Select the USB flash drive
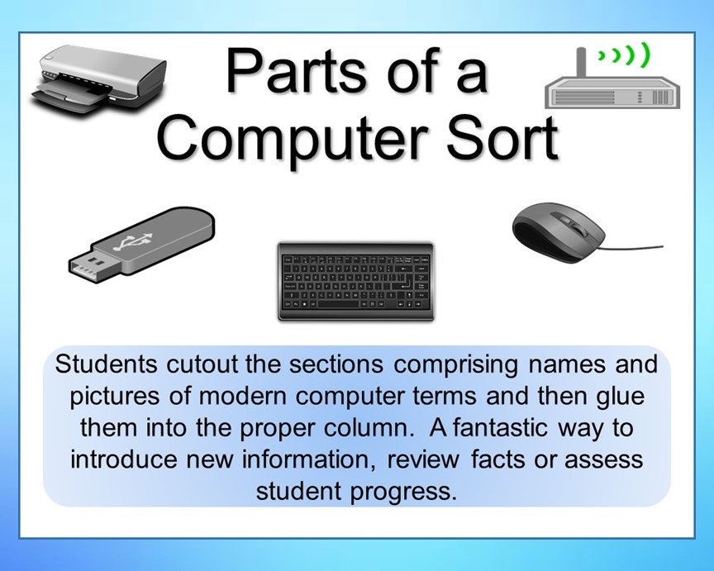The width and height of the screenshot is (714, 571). point(140,240)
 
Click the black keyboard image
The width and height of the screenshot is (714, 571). point(356,281)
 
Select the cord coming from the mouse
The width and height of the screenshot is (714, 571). point(635,246)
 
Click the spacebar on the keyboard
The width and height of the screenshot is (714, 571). point(347,303)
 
